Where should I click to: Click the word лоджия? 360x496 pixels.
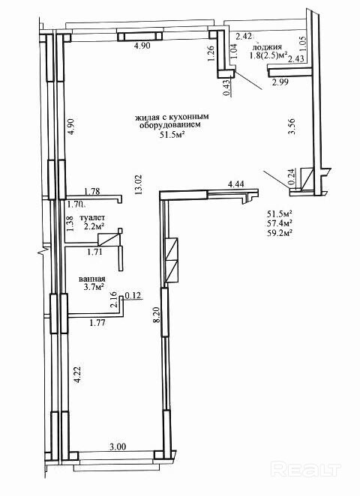pos(267,47)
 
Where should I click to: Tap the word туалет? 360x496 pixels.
pos(92,218)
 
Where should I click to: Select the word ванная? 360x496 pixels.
pos(91,279)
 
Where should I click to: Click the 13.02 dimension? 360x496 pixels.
pos(139,185)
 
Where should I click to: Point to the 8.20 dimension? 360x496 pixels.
pos(155,315)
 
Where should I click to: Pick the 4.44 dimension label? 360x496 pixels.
pos(236,184)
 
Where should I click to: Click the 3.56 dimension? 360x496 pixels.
pos(292,127)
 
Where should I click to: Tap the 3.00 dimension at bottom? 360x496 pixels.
pos(118,447)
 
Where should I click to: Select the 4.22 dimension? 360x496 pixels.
pos(77,375)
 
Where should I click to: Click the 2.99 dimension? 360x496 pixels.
pos(280,83)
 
